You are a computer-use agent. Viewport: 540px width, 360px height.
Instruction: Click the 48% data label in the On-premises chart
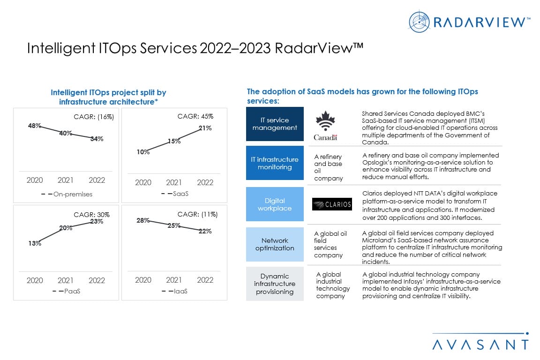(x=35, y=126)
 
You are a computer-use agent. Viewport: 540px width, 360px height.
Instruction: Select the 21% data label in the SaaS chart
(x=205, y=128)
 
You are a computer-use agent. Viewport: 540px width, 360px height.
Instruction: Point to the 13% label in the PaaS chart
(x=35, y=243)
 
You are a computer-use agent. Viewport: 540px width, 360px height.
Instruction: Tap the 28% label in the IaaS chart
(x=143, y=220)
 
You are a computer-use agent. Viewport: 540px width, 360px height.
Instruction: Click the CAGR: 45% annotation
(x=195, y=116)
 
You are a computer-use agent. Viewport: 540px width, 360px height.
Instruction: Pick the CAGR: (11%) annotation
(x=197, y=215)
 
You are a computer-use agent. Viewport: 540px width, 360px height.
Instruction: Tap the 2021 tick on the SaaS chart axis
(x=174, y=182)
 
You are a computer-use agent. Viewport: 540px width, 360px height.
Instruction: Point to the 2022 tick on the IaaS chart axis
(x=205, y=280)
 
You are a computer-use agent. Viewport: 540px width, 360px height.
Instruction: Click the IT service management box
(x=275, y=124)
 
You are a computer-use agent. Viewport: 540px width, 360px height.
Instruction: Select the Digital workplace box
(x=275, y=204)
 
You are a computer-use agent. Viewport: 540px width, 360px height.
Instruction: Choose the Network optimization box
(x=275, y=244)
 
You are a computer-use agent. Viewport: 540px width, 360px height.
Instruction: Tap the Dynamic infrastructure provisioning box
(x=275, y=284)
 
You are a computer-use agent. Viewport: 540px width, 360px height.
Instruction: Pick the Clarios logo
(x=332, y=204)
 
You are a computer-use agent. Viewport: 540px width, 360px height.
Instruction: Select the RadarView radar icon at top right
(x=419, y=21)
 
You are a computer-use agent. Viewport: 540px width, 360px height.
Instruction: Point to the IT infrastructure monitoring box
(x=275, y=163)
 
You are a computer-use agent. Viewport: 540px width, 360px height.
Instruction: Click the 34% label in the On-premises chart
(x=97, y=139)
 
